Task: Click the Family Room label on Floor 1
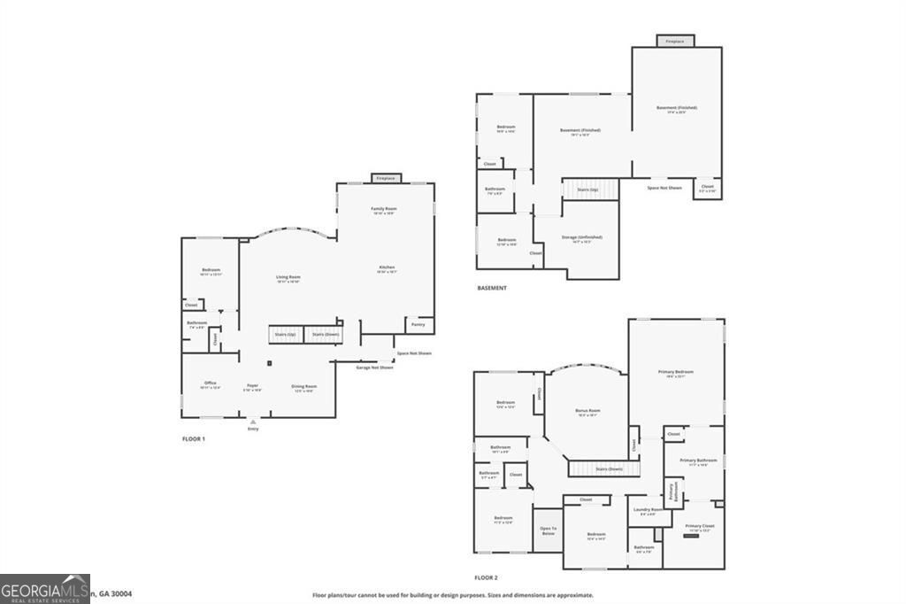pos(383,209)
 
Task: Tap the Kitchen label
pos(387,267)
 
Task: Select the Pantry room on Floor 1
pos(418,325)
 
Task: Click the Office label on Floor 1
pos(211,383)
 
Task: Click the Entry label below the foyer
pos(253,429)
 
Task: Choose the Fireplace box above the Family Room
pos(386,178)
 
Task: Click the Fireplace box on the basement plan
pos(675,41)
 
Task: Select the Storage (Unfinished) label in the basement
pos(581,237)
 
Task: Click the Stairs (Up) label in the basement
pos(587,190)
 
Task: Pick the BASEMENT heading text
pos(492,288)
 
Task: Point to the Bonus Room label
pos(587,411)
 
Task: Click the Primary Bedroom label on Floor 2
pos(675,372)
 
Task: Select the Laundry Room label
pos(648,510)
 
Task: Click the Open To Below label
pos(548,530)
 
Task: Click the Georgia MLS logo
pos(44,589)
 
